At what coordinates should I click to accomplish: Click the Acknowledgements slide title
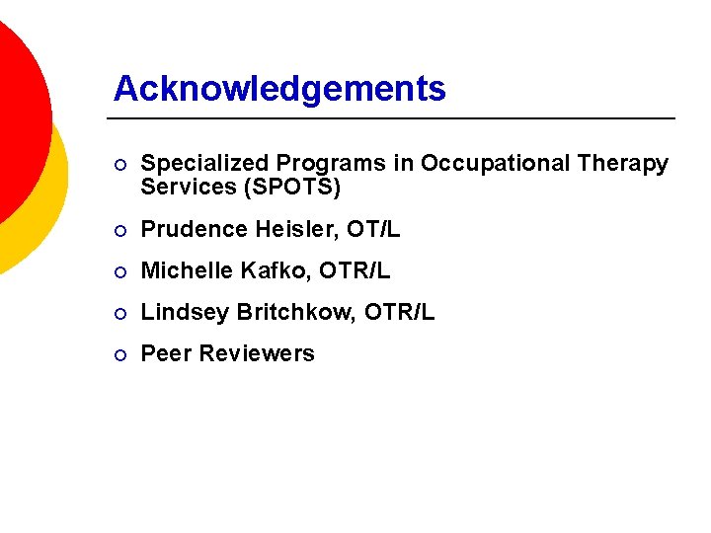279,90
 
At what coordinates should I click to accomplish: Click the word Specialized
204,164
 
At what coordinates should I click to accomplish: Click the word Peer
164,353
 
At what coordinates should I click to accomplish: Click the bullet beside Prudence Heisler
119,230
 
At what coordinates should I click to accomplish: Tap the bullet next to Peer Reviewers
119,354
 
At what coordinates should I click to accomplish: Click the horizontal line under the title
395,118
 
